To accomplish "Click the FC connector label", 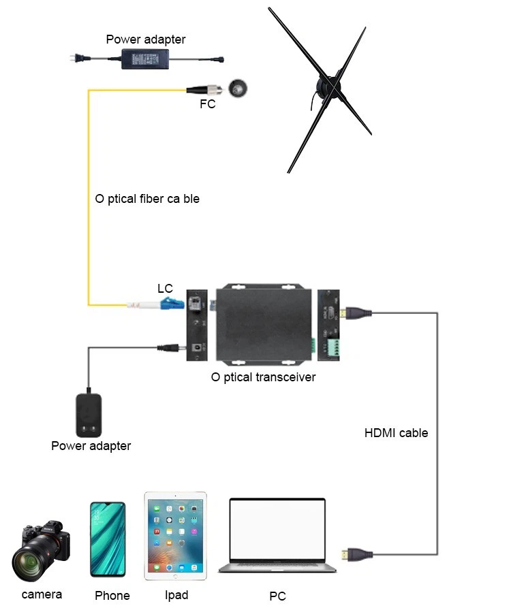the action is point(207,104).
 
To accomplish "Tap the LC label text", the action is point(165,289).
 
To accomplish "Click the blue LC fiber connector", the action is point(172,303).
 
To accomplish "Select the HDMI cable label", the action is point(396,433).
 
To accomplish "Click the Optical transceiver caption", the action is point(264,377).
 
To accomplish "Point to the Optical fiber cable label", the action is point(147,199).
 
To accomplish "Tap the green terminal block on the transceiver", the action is point(333,347).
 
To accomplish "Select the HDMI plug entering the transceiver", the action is point(356,313).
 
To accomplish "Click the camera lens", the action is point(29,562).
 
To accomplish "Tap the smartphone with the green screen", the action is point(108,539).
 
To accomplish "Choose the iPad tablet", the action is point(175,536).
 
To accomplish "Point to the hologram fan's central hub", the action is point(328,86).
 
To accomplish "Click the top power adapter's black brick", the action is point(145,59).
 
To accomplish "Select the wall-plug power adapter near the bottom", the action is point(89,415).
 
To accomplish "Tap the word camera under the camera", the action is point(42,594).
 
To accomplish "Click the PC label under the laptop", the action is point(278,596).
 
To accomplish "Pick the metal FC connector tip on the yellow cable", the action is point(215,91).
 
